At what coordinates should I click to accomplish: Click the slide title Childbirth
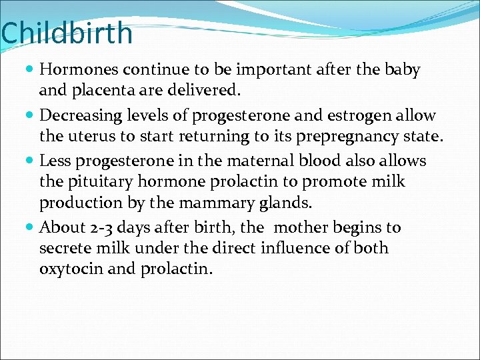67,34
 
